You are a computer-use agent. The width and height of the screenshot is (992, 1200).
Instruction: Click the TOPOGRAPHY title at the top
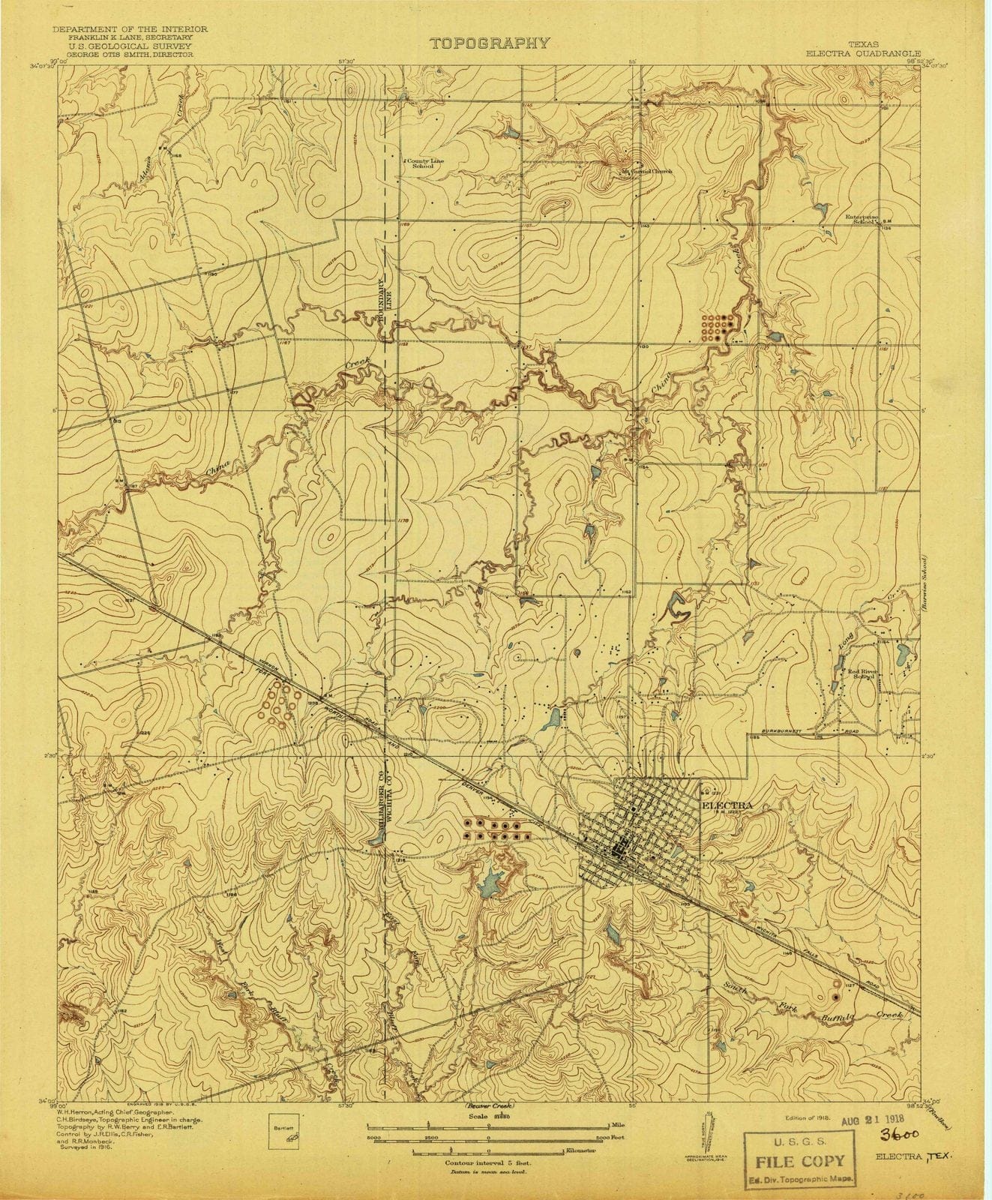click(x=490, y=43)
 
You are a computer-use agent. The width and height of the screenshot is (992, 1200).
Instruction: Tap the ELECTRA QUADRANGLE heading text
click(x=862, y=54)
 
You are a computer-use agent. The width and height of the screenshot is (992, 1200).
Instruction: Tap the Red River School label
click(x=862, y=673)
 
